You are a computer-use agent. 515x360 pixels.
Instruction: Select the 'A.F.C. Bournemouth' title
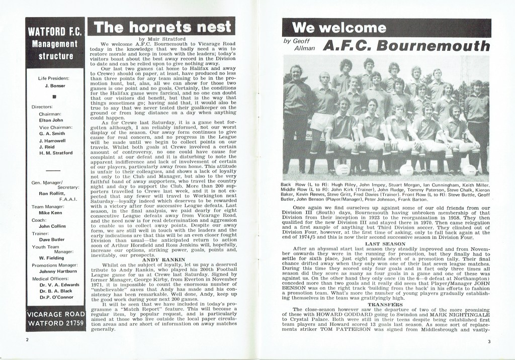point(406,46)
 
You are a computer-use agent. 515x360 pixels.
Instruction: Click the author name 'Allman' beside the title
point(305,50)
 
